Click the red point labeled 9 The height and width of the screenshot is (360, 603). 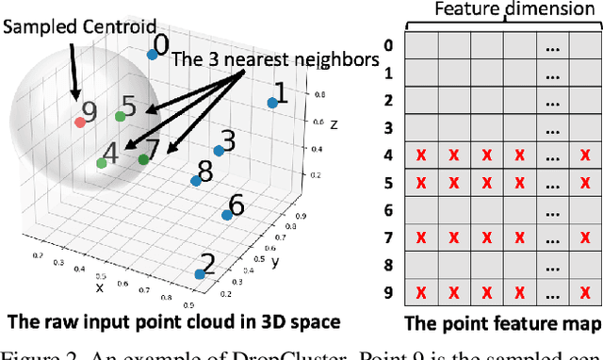coord(80,121)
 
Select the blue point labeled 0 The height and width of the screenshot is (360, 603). coord(152,55)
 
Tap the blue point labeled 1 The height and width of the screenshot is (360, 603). coord(272,103)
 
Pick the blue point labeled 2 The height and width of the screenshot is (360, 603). coord(200,274)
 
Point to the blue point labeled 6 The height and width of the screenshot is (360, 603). coord(227,216)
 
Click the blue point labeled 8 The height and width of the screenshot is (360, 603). coord(196,181)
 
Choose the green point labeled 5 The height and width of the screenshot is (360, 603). coord(120,116)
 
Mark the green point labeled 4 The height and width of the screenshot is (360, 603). coord(101,163)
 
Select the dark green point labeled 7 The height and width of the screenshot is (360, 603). coord(143,159)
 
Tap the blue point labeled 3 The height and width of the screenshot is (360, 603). coord(217,151)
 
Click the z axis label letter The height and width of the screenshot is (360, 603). coord(334,124)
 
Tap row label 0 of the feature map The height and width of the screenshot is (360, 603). coord(389,44)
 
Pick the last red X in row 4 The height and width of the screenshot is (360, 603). coord(586,155)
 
